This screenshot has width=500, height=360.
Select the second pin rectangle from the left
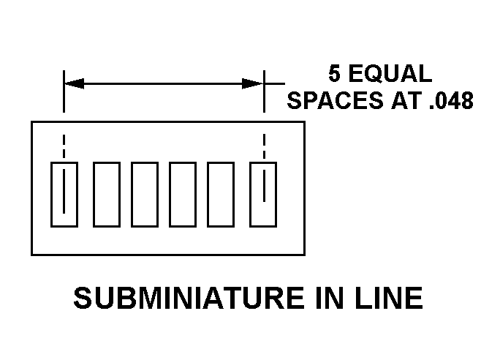tap(106, 195)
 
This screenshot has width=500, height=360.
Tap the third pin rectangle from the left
tap(145, 195)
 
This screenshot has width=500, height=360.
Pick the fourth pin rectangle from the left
tap(183, 195)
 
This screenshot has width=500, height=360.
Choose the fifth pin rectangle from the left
tap(221, 195)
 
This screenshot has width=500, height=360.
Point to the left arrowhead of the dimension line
tap(74, 83)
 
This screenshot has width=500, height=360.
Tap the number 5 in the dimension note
tap(335, 74)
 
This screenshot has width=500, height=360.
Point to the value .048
tap(447, 100)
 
